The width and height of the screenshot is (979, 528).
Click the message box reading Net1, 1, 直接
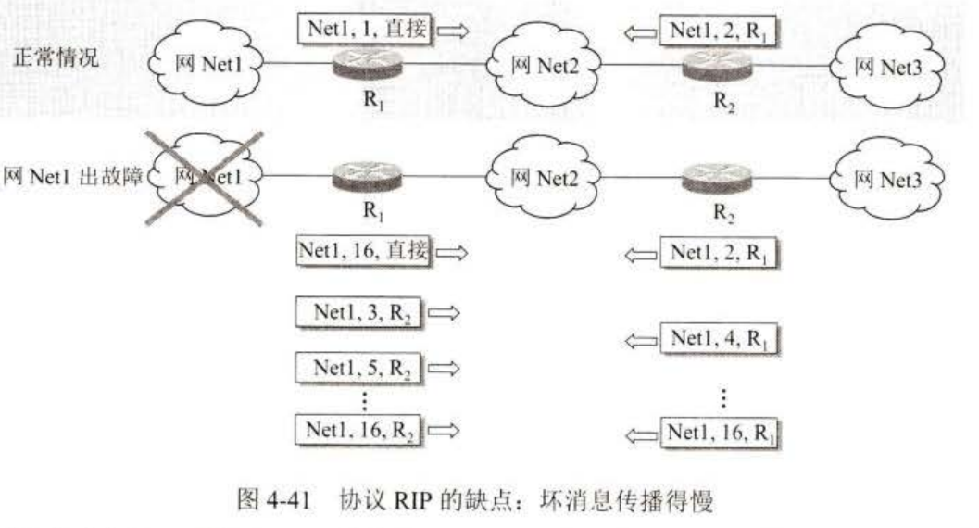(364, 30)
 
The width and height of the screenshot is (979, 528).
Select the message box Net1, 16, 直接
(364, 251)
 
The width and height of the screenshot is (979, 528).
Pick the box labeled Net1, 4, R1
(718, 339)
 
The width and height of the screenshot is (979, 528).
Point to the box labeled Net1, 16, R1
(721, 432)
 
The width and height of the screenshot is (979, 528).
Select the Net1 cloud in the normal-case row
(207, 66)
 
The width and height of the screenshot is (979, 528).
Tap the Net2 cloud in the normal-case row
(541, 66)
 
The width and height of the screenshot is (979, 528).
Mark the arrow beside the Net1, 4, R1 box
(640, 340)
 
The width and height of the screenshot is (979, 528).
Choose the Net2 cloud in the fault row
(541, 178)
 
